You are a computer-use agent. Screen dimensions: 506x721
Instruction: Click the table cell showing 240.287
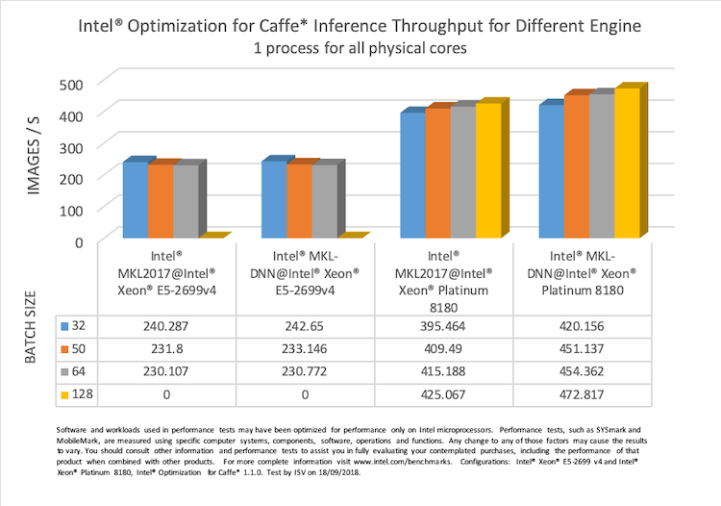(x=166, y=326)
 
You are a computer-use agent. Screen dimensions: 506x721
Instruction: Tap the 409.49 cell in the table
(x=443, y=348)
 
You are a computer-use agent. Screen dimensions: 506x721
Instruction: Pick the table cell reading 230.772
(x=304, y=370)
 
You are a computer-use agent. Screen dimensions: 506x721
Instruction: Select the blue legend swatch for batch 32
(x=66, y=326)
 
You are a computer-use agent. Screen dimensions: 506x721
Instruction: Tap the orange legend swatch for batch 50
(x=66, y=348)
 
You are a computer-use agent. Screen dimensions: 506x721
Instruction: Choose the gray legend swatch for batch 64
(x=66, y=370)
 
